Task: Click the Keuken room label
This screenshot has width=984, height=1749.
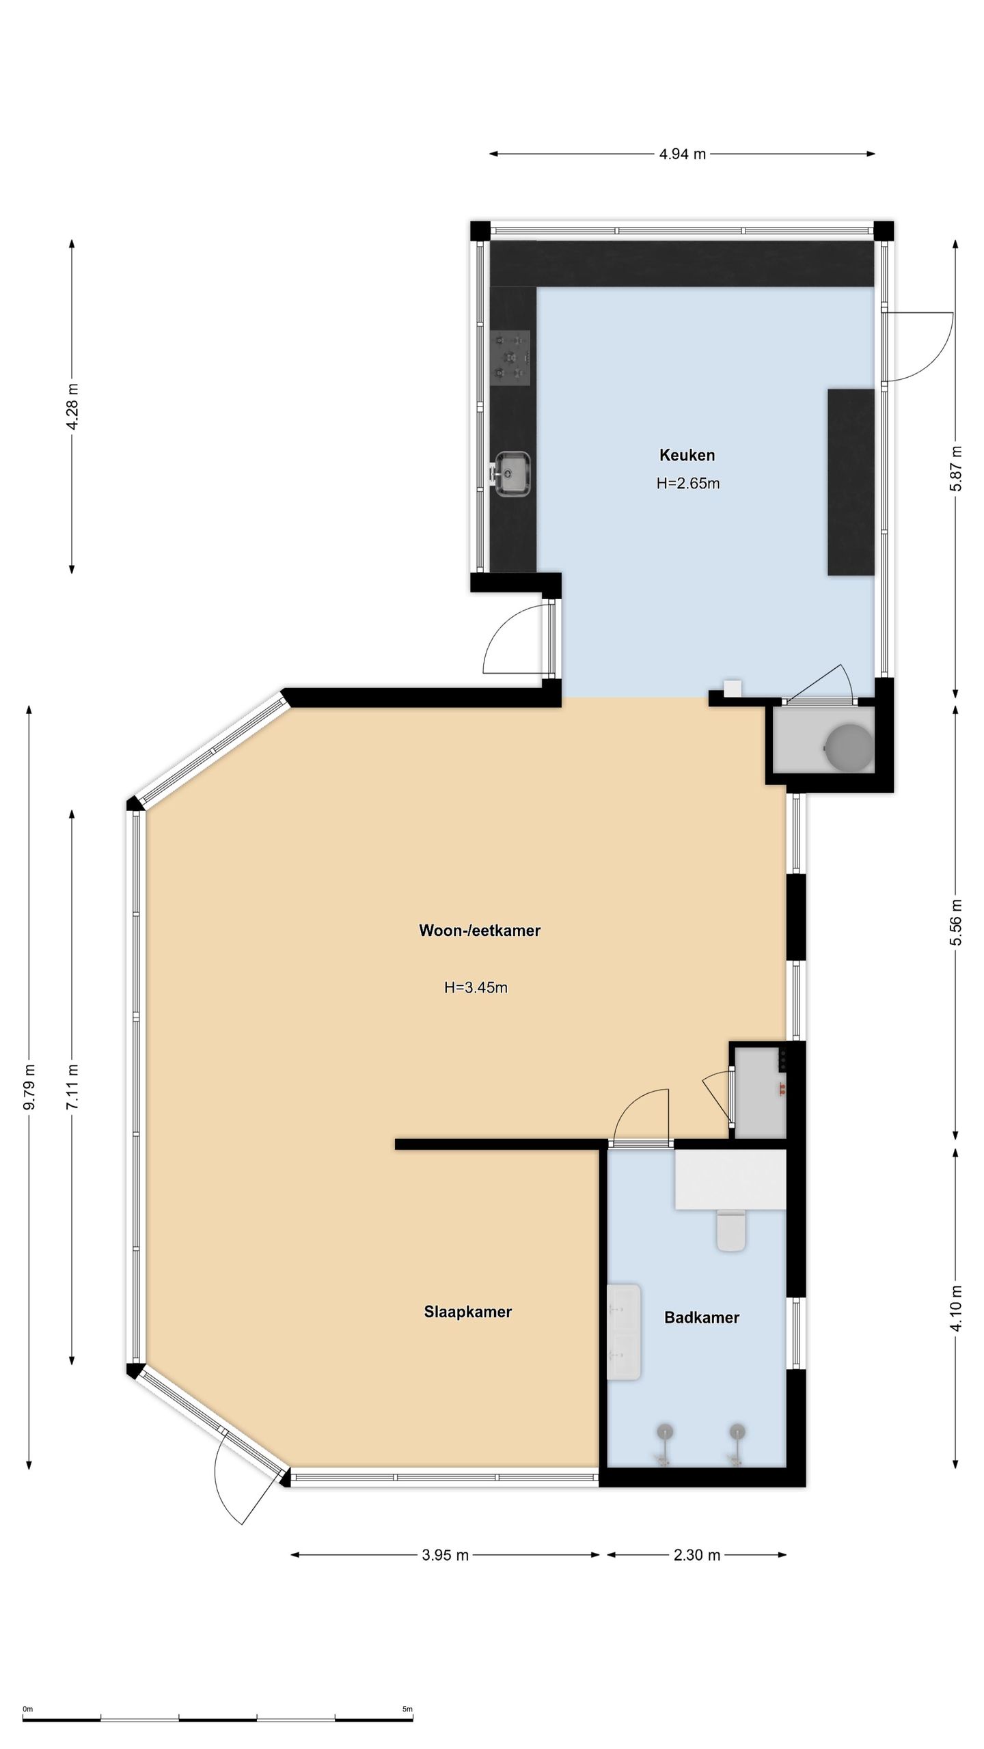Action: coord(687,455)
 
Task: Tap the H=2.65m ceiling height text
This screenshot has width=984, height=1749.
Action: coord(688,484)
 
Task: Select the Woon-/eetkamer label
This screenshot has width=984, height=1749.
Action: coord(480,931)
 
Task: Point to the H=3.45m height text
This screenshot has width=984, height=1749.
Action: coord(476,987)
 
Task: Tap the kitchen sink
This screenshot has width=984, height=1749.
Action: coord(510,473)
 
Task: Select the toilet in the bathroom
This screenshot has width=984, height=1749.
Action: coord(730,1230)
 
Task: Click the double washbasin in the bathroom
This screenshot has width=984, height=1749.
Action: coord(624,1332)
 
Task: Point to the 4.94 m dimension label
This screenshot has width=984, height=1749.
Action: coord(682,154)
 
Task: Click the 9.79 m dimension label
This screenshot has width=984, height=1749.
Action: coord(29,1087)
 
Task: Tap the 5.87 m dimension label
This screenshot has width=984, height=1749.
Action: coord(956,469)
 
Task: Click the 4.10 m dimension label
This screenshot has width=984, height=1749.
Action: coord(956,1308)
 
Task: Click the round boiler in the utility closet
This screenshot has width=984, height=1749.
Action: coord(849,746)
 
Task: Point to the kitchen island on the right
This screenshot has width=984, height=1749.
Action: coord(851,482)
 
